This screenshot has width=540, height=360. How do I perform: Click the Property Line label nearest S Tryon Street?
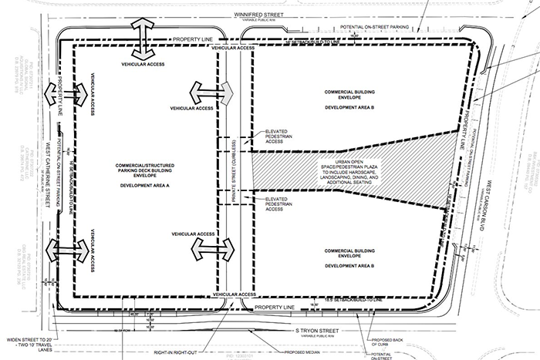[x=275, y=306]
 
